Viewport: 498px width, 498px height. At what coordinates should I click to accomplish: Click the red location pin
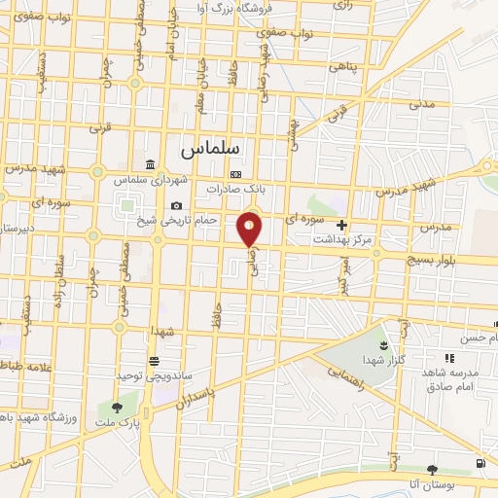coord(250,229)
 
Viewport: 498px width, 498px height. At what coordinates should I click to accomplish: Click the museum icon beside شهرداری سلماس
coord(149,163)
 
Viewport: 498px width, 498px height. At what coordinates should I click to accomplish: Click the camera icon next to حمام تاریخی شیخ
coord(176,205)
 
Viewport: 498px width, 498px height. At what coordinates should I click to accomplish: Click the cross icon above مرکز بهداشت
coord(341,225)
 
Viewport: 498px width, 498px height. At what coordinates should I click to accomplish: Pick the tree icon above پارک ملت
coord(118,408)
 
